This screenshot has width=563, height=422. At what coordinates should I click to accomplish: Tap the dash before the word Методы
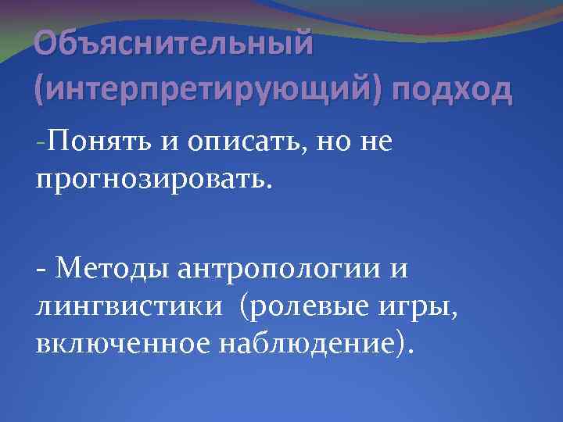pyautogui.click(x=41, y=270)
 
